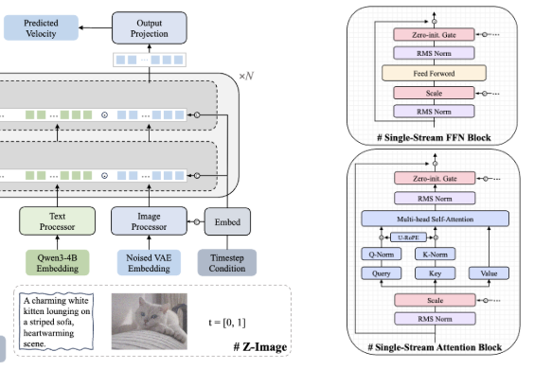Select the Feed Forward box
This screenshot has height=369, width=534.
(x=435, y=73)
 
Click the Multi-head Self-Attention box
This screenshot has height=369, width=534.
(x=435, y=220)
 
